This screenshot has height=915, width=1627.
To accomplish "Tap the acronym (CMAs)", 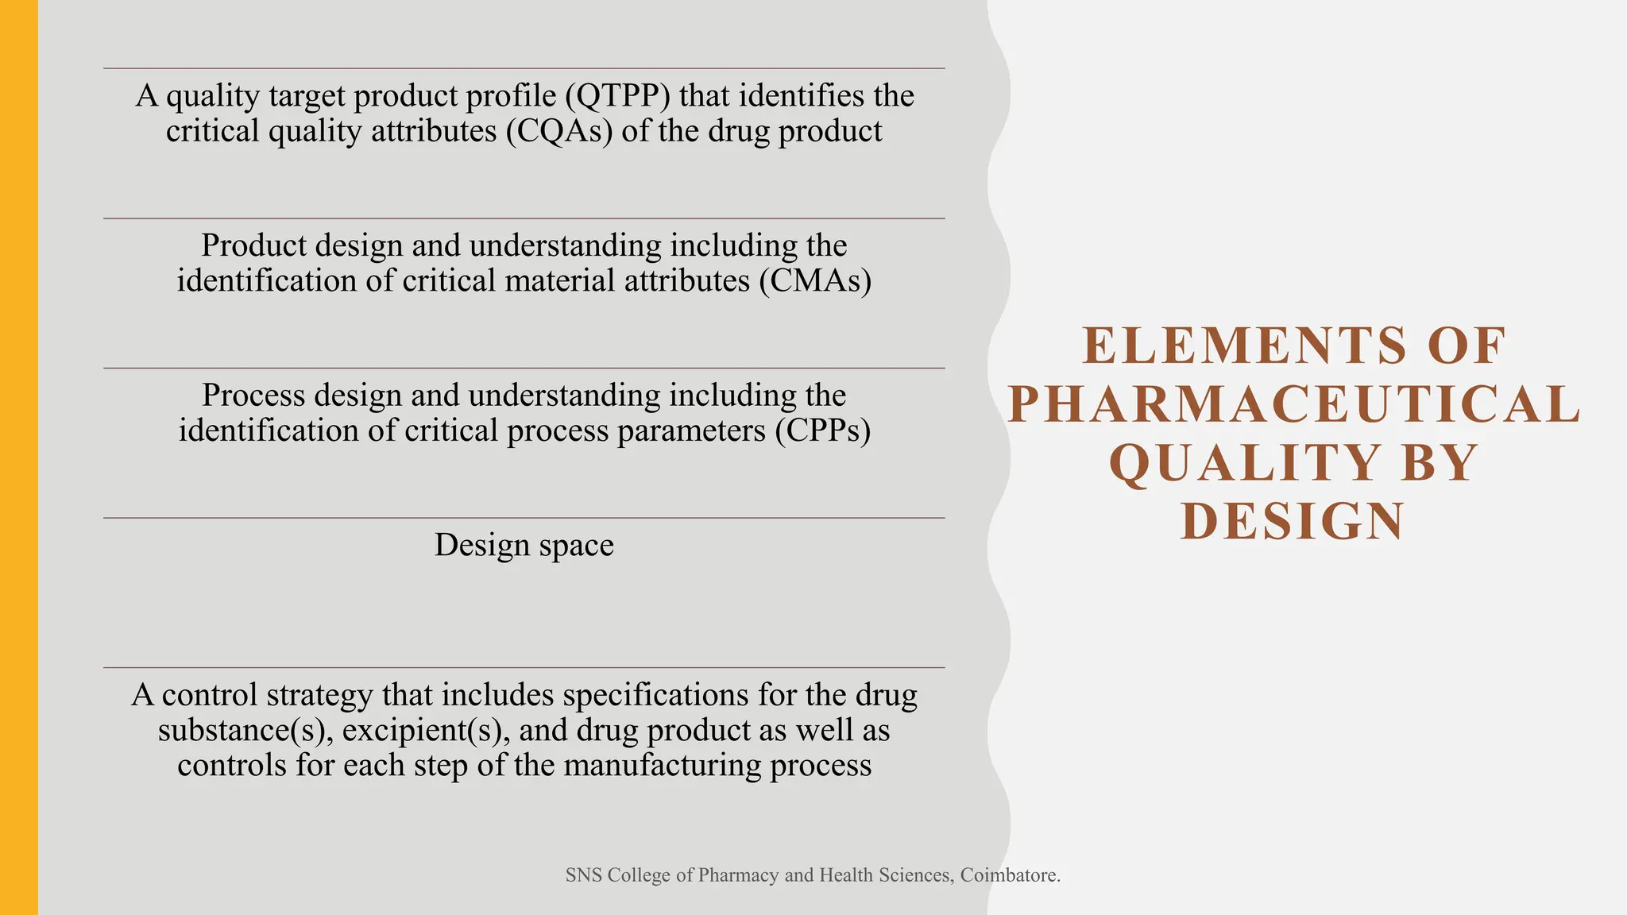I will tap(815, 281).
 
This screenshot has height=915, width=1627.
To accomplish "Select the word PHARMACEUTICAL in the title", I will tap(1294, 404).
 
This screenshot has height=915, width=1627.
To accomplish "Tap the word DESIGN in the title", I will tap(1293, 522).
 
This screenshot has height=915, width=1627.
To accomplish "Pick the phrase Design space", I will tap(524, 546).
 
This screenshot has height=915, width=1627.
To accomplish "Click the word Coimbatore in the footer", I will tap(1010, 875).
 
